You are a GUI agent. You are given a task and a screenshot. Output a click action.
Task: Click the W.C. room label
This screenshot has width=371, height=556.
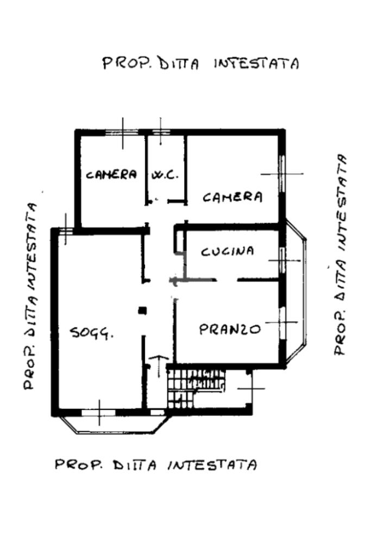coord(165,175)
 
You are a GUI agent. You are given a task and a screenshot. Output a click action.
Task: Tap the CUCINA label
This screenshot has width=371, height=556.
coord(228,251)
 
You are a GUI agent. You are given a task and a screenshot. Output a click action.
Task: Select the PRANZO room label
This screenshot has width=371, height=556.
coord(230,329)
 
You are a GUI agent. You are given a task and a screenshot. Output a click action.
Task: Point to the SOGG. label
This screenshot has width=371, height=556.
coord(92,333)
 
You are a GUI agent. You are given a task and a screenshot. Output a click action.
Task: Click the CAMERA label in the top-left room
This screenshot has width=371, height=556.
coord(111,175)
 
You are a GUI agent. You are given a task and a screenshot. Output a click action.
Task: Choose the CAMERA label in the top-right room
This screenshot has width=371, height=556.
coord(232,197)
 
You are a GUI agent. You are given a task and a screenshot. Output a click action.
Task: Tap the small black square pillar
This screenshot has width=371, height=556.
coord(142,311)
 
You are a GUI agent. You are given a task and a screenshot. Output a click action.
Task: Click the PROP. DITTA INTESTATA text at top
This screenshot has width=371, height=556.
coord(201,64)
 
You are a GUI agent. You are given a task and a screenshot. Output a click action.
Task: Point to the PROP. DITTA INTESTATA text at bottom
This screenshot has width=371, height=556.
coord(155,465)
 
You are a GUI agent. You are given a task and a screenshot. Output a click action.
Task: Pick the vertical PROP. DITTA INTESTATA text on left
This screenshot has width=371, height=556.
coord(32,296)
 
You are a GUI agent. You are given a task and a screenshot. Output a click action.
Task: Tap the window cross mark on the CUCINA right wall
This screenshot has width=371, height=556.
coord(282,261)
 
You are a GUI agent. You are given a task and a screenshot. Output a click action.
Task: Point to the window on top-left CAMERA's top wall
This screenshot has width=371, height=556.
coord(122,131)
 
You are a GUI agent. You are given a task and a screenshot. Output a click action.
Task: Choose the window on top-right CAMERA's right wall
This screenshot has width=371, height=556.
coord(282,174)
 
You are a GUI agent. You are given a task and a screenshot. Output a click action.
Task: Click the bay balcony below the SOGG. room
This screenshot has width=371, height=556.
coord(111,425)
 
